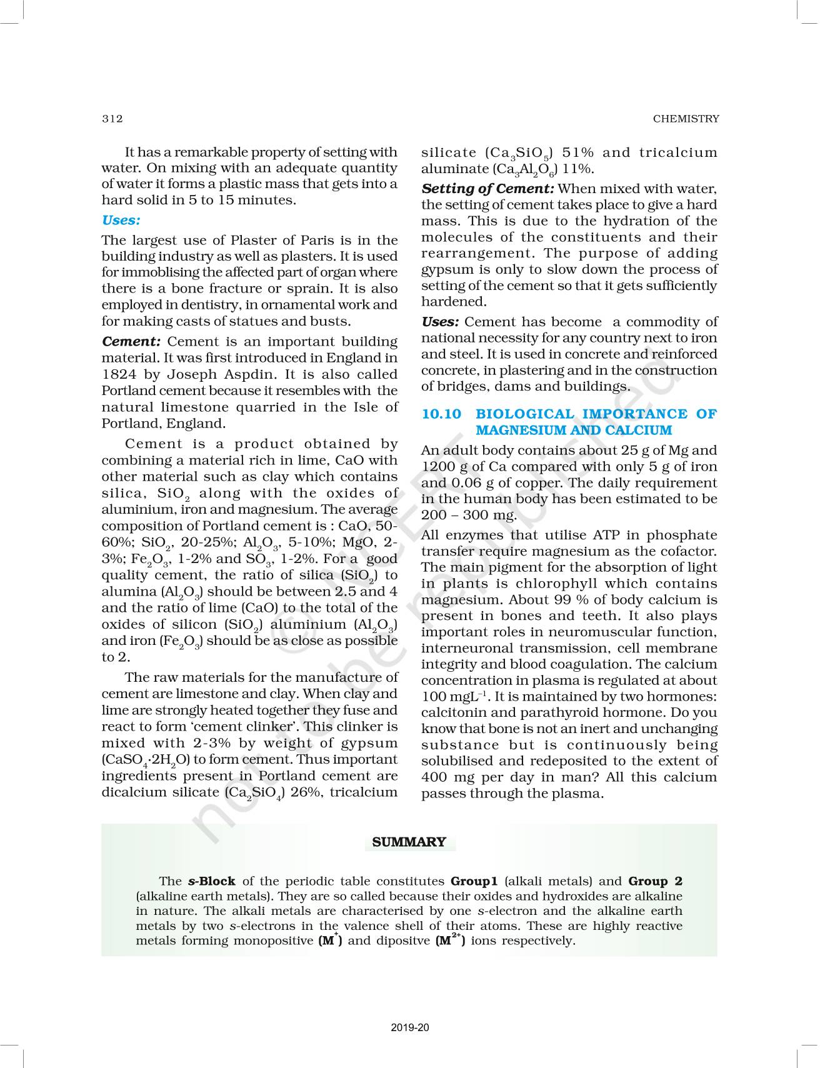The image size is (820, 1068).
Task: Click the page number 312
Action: pyautogui.click(x=112, y=119)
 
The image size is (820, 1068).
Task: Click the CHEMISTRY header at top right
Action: pyautogui.click(x=686, y=119)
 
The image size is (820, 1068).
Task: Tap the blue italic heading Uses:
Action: pyautogui.click(x=121, y=220)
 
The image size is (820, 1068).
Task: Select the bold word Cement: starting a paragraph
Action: pyautogui.click(x=132, y=342)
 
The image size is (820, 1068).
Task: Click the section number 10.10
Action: pyautogui.click(x=441, y=414)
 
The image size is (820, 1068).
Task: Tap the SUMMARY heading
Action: pyautogui.click(x=409, y=842)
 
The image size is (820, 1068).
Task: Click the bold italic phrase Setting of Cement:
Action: pyautogui.click(x=487, y=189)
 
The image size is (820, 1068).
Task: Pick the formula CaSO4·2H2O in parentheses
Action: pyautogui.click(x=146, y=761)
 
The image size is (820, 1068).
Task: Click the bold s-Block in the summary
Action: pyautogui.click(x=211, y=881)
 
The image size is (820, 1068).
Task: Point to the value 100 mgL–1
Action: pyautogui.click(x=454, y=697)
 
